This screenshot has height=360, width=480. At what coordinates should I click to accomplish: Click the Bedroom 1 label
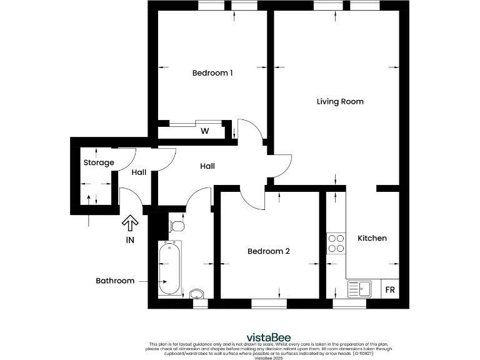point(212,73)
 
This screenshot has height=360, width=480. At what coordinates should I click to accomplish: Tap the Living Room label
point(340,101)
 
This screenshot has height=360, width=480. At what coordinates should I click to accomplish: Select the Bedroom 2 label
point(269,251)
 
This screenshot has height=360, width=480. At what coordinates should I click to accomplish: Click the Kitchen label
point(372,238)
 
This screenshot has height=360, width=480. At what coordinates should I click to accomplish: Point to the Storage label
point(99,162)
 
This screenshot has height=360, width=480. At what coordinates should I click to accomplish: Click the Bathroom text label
point(115,281)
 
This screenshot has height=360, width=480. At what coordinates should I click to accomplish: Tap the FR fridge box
point(389,290)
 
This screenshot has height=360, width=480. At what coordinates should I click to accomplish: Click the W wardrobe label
point(204,131)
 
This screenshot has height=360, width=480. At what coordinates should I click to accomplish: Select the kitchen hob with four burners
point(336,243)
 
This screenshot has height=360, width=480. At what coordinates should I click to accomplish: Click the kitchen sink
point(360,289)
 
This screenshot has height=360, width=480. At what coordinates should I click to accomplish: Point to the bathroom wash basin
point(196,294)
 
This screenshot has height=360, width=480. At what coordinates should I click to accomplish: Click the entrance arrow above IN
point(130,222)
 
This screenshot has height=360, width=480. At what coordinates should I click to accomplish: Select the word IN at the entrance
point(130,239)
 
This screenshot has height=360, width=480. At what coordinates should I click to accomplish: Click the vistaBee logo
point(240,337)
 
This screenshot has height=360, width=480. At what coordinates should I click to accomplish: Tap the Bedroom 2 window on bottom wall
point(269,304)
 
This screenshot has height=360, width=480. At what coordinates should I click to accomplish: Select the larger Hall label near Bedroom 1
point(207,166)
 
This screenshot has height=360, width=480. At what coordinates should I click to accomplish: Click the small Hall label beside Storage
point(139,172)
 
